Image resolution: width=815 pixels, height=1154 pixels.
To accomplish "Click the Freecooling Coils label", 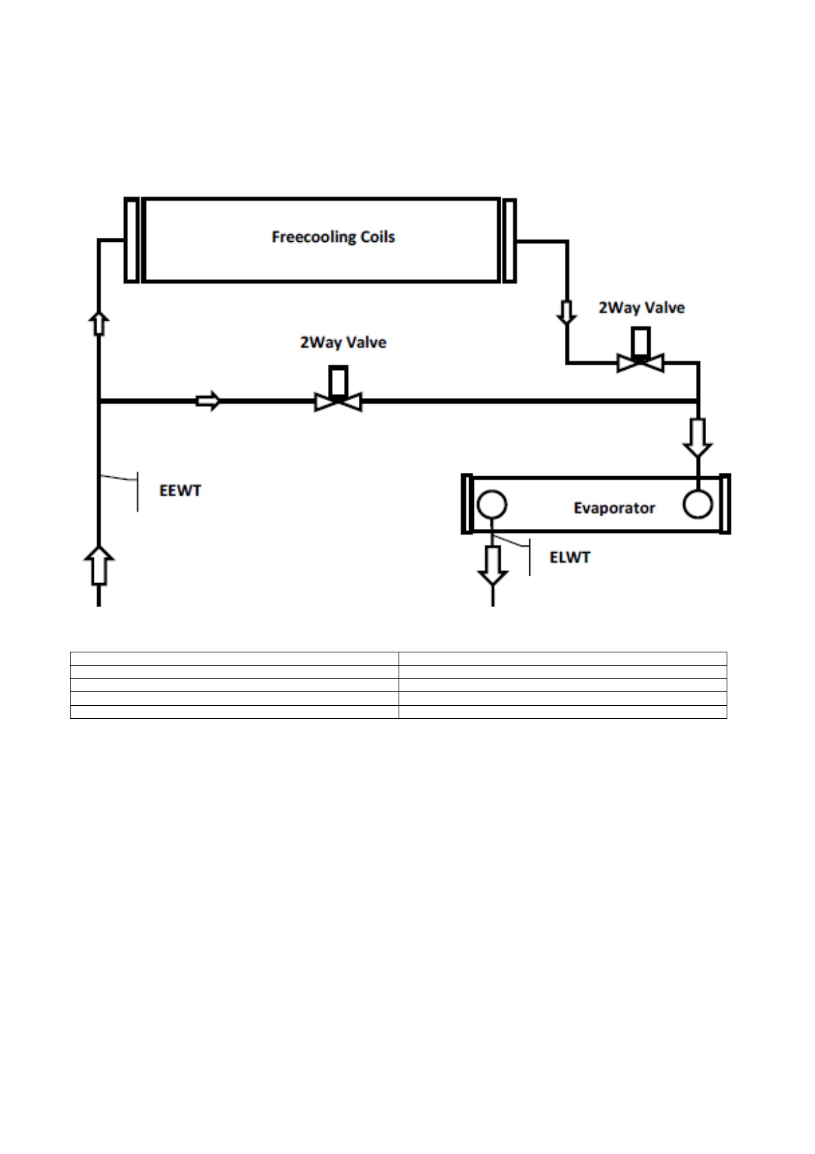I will [333, 237].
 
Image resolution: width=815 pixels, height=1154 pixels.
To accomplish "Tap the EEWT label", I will [179, 491].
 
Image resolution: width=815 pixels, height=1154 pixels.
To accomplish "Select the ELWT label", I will [569, 557].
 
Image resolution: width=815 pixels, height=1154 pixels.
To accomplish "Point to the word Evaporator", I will [614, 508].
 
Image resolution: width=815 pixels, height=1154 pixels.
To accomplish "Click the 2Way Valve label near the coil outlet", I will [642, 308].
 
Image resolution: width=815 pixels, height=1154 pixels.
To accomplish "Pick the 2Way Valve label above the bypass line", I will [343, 342].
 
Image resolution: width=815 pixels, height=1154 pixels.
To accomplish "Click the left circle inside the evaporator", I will [491, 506].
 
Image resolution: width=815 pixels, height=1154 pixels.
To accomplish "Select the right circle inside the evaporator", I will [697, 505].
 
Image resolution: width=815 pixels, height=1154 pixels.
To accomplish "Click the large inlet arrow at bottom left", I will [99, 566].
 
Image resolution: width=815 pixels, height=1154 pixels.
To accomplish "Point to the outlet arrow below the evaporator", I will [492, 565].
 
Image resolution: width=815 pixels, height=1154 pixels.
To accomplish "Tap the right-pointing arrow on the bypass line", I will [208, 401].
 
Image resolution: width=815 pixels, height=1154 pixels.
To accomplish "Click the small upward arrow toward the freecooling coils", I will [99, 321].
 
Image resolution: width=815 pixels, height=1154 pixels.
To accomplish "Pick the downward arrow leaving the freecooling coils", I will [566, 312].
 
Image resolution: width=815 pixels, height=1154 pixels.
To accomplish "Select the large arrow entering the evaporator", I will [697, 438].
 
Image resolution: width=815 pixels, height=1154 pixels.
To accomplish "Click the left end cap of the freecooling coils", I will [131, 239].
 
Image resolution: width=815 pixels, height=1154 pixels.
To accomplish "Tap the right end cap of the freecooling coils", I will [509, 240].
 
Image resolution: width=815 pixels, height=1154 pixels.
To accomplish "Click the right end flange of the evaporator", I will [725, 504].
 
